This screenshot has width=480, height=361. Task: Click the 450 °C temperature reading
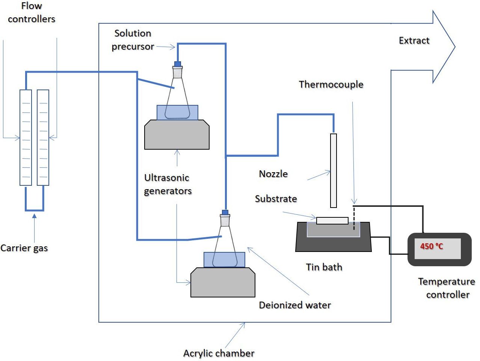(x=432, y=246)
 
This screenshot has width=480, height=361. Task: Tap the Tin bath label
(x=324, y=267)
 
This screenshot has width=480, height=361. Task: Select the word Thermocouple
(x=331, y=84)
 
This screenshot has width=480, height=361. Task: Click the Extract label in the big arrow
(x=414, y=41)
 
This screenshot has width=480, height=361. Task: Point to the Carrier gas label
(x=24, y=248)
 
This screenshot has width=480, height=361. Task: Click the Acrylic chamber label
(x=219, y=353)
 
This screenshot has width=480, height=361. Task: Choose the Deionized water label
(x=295, y=305)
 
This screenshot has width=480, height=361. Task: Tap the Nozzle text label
(x=273, y=174)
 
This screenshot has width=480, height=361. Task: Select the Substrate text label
(x=276, y=199)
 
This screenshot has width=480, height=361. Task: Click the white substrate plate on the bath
(x=332, y=221)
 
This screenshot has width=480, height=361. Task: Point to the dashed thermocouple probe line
(x=354, y=218)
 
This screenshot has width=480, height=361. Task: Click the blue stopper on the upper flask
(x=178, y=64)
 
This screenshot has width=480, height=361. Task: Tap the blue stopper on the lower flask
(x=225, y=212)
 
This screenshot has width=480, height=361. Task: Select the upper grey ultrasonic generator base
(x=177, y=135)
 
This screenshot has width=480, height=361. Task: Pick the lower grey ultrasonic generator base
(x=223, y=282)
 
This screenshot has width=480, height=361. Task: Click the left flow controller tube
(x=26, y=138)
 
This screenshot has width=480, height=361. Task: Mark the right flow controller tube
(x=43, y=138)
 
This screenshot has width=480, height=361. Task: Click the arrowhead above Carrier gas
(x=35, y=216)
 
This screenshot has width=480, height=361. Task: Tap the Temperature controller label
(x=447, y=288)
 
